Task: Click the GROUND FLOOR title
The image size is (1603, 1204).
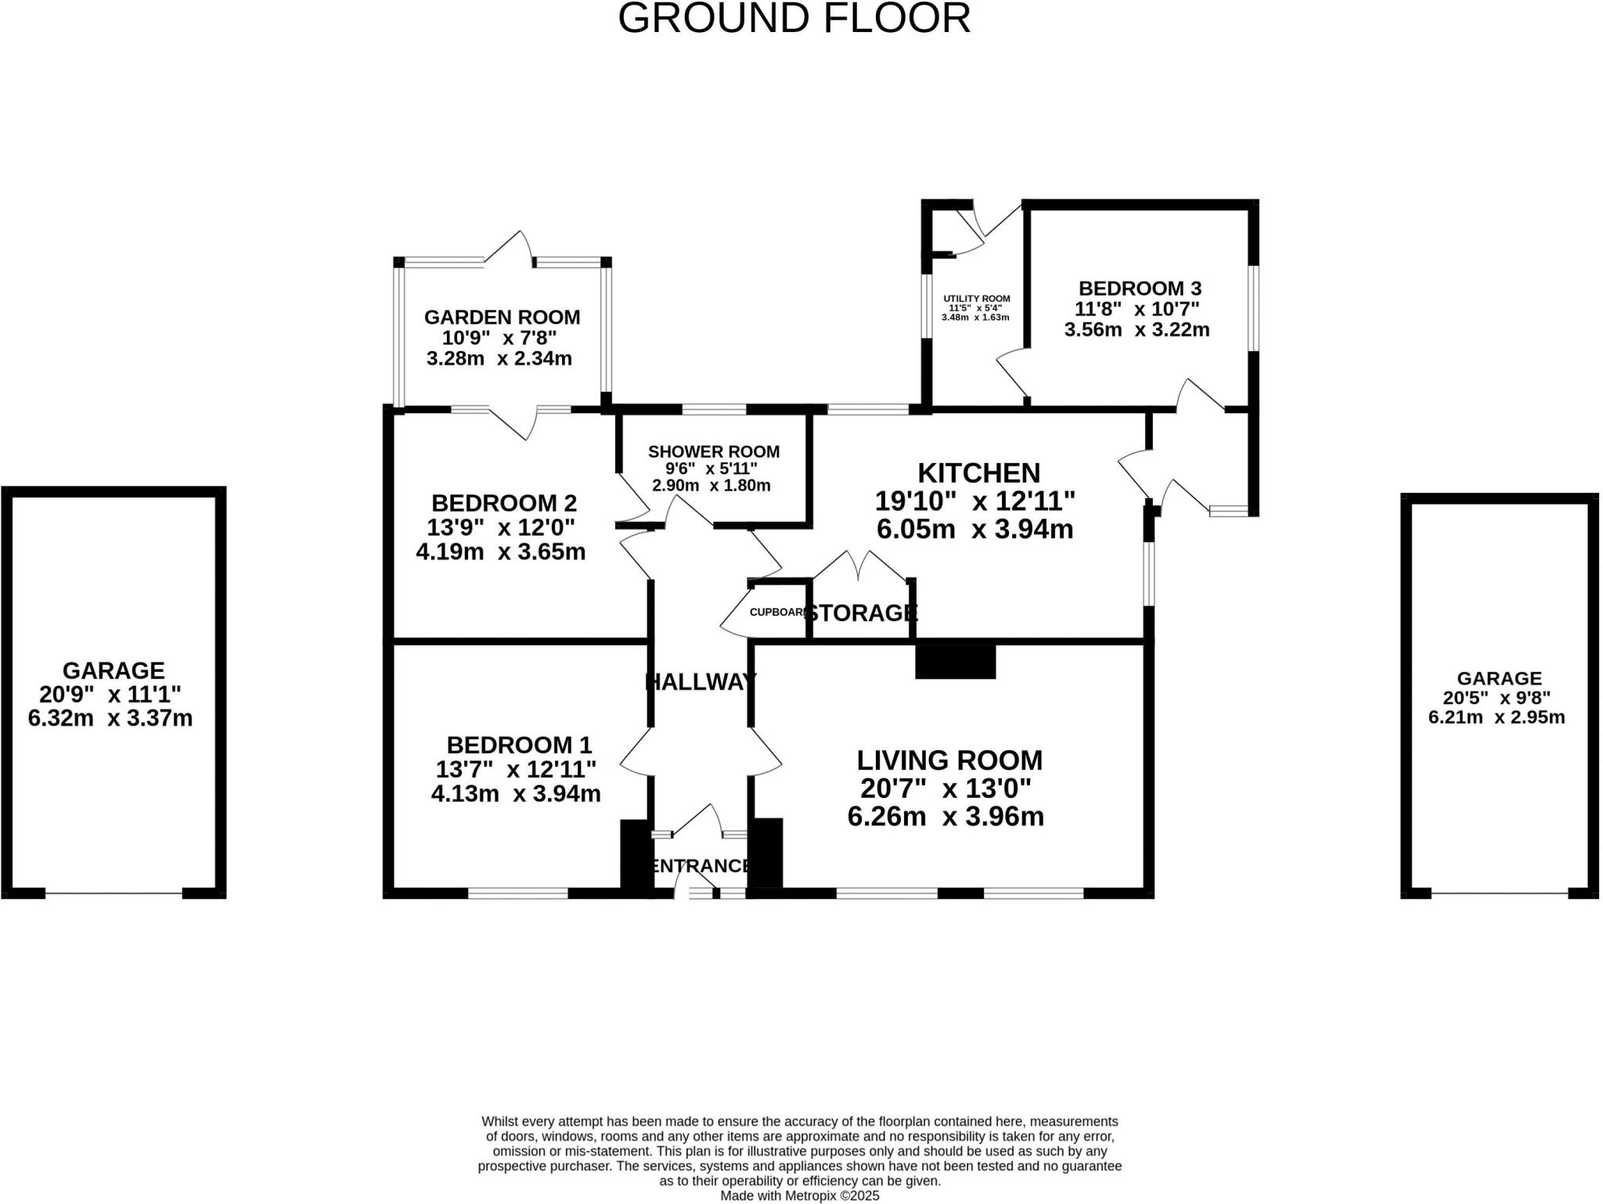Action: pyautogui.click(x=794, y=18)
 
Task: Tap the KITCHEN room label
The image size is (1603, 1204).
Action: pyautogui.click(x=978, y=473)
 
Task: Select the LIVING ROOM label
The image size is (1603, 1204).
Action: pyautogui.click(x=949, y=760)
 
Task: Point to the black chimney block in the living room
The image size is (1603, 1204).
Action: pyautogui.click(x=955, y=661)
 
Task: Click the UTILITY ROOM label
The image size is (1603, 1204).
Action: pyautogui.click(x=976, y=299)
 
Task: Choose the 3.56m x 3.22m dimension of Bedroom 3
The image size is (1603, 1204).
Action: pyautogui.click(x=1136, y=330)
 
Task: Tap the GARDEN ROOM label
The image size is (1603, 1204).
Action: pyautogui.click(x=502, y=318)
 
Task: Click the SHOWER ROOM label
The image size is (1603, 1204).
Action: pyautogui.click(x=713, y=451)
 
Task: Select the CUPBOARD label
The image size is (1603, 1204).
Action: pyautogui.click(x=776, y=613)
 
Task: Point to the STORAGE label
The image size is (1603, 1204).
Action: pyautogui.click(x=861, y=613)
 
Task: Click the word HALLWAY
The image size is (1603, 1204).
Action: pyautogui.click(x=700, y=682)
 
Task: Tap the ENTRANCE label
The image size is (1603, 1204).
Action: pyautogui.click(x=700, y=866)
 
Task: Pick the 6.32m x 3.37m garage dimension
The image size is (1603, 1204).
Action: pyautogui.click(x=110, y=718)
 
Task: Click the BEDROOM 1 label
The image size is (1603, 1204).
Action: pyautogui.click(x=519, y=745)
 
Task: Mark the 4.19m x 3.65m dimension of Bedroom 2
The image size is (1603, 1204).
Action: pyautogui.click(x=500, y=552)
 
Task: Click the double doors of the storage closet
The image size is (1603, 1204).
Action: pyautogui.click(x=860, y=566)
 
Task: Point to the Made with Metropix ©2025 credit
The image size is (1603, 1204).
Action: pyautogui.click(x=799, y=1196)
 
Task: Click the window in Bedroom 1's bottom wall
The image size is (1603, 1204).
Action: pyautogui.click(x=518, y=893)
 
